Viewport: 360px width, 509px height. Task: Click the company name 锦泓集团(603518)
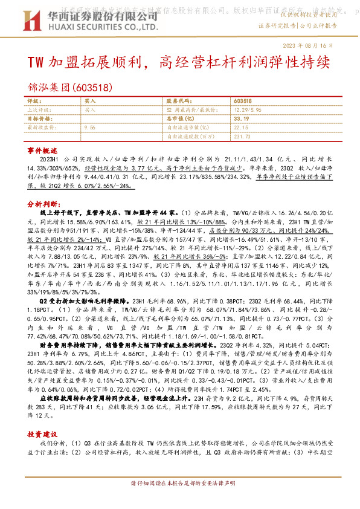[x=70, y=88]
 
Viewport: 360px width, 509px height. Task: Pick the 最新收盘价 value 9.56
[x=90, y=128]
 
